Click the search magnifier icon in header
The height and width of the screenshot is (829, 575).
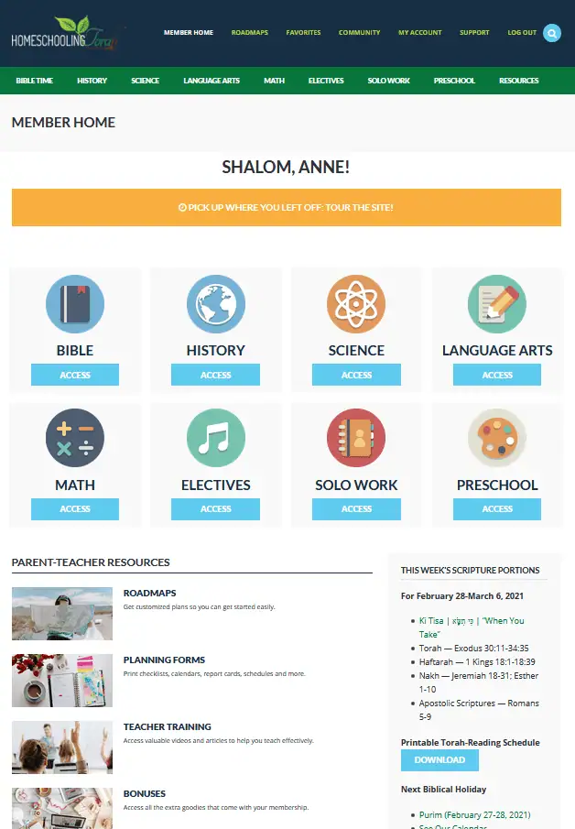[552, 33]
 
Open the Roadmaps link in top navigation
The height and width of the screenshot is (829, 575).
[249, 33]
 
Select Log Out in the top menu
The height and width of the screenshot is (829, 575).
[522, 33]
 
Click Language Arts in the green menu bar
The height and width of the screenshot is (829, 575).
[212, 81]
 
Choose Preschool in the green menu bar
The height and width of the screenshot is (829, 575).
[454, 81]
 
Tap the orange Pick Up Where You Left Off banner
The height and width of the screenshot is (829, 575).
[286, 208]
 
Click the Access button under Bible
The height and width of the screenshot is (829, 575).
[75, 375]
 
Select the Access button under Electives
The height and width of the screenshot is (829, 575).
[215, 509]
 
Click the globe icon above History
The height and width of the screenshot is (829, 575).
[215, 304]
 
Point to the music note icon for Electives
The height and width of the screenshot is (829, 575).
[215, 438]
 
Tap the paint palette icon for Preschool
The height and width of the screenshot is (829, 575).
[496, 438]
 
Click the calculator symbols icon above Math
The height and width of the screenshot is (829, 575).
[75, 438]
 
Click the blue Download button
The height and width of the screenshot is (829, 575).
[439, 760]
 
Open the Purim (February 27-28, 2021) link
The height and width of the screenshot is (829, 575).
[474, 814]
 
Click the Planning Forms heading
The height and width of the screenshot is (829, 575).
[164, 660]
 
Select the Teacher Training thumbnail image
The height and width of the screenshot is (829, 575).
[62, 747]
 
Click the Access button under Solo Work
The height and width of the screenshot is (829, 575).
[356, 509]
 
